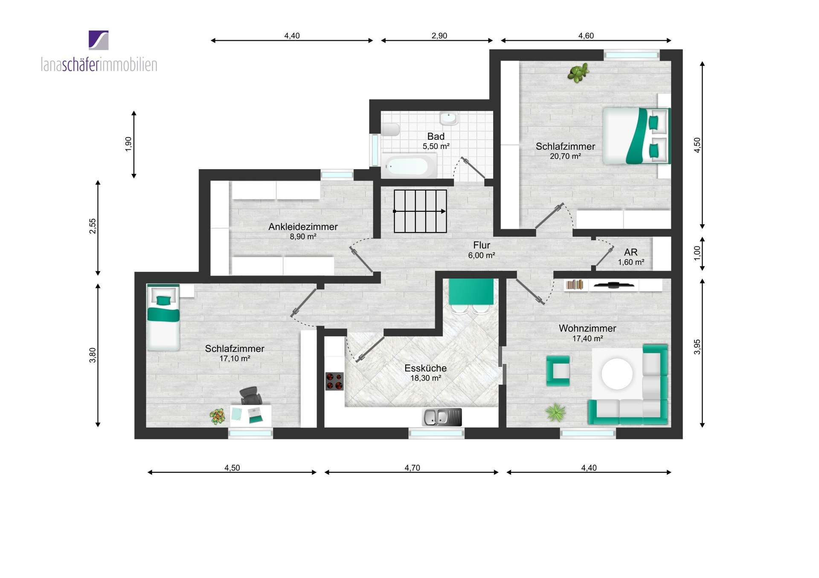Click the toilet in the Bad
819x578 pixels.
pyautogui.click(x=390, y=129)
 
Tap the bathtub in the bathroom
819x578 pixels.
pyautogui.click(x=409, y=166)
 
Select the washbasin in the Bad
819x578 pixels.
pyautogui.click(x=448, y=118)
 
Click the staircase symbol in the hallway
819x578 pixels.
pyautogui.click(x=420, y=211)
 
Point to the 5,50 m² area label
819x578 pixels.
pyautogui.click(x=436, y=146)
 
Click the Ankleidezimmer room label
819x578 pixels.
pyautogui.click(x=303, y=227)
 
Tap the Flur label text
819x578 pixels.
pyautogui.click(x=482, y=245)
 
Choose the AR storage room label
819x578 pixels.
pyautogui.click(x=630, y=252)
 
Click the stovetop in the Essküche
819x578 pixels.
pyautogui.click(x=334, y=381)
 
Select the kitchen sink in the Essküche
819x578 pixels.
pyautogui.click(x=442, y=417)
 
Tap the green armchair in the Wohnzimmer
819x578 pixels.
pyautogui.click(x=558, y=371)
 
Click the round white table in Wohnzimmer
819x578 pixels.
pyautogui.click(x=617, y=374)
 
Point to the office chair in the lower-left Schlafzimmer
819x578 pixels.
pyautogui.click(x=251, y=396)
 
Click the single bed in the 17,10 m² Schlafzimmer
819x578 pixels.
pyautogui.click(x=163, y=317)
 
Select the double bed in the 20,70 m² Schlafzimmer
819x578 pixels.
pyautogui.click(x=636, y=136)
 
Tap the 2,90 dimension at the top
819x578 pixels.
pyautogui.click(x=439, y=36)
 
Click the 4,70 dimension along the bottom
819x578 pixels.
pyautogui.click(x=412, y=468)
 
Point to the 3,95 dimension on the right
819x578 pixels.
pyautogui.click(x=697, y=347)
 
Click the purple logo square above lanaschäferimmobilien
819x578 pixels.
pyautogui.click(x=99, y=40)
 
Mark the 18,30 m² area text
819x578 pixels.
pyautogui.click(x=426, y=378)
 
